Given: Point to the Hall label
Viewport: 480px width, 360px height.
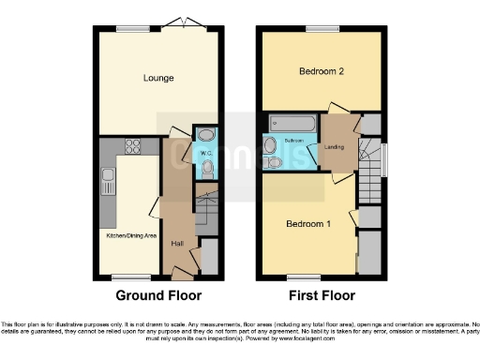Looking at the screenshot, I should click(x=177, y=245).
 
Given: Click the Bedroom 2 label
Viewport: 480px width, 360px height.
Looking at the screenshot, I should click(x=322, y=71).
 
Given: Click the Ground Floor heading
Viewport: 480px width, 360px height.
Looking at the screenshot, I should click(x=158, y=295).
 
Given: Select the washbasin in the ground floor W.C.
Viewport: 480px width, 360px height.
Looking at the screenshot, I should click(x=205, y=133).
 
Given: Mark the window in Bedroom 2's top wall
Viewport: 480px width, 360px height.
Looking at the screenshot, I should click(x=321, y=27).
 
